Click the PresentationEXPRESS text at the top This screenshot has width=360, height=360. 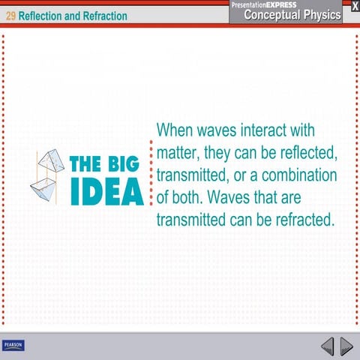pyautogui.click(x=264, y=4)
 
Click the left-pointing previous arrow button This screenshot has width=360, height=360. pyautogui.click(x=327, y=346)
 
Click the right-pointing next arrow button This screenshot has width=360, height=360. pyautogui.click(x=346, y=346)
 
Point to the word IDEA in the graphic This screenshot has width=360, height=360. pyautogui.click(x=106, y=193)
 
